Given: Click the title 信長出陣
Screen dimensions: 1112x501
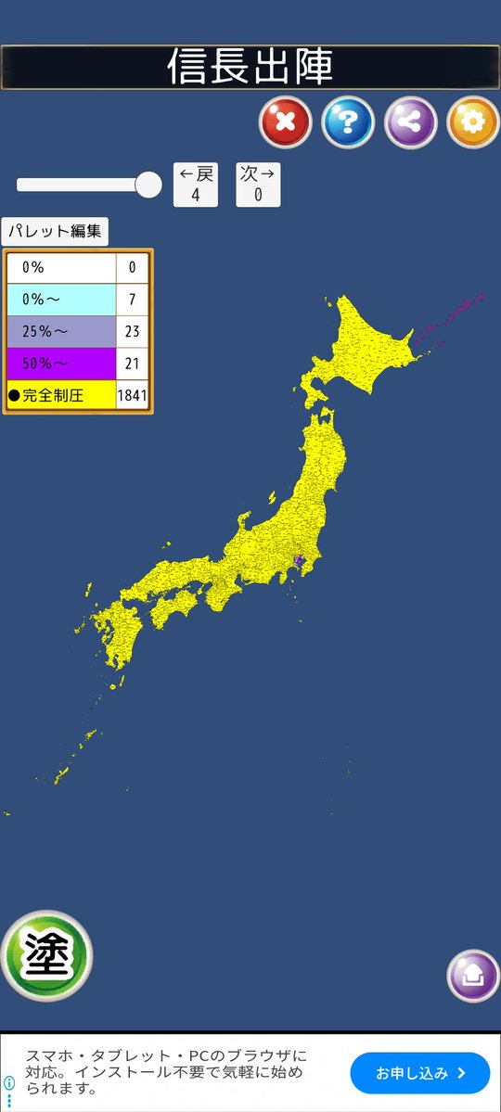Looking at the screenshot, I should pos(250,67).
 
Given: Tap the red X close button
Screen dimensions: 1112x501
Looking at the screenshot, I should pos(285,122).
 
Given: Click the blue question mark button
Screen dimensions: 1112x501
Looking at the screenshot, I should pos(348,122).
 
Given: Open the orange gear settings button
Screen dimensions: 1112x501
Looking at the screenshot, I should pos(473,122).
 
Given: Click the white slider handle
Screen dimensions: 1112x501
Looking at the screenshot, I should pos(148,185).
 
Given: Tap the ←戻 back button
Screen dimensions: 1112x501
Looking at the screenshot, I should pos(196,184).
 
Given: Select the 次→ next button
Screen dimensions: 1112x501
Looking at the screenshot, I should pos(258,184).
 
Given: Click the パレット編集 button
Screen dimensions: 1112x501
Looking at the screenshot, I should pos(55,231).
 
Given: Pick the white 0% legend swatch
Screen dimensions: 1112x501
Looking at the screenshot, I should pos(61,268).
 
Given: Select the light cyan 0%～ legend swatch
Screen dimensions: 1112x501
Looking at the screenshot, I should pos(61,300).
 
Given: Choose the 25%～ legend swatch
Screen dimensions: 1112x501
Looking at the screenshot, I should pos(61,331).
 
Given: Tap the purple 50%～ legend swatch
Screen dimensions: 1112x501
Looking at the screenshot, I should pos(61,363).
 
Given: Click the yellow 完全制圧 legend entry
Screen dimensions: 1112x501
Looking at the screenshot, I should pos(61,395).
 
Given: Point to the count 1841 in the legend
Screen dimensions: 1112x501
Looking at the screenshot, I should pos(132,395).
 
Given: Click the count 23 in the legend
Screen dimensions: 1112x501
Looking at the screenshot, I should pos(132,331).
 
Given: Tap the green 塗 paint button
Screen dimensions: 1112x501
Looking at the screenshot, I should pos(45,956).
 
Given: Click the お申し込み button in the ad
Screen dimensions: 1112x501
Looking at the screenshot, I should pos(419,1073).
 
